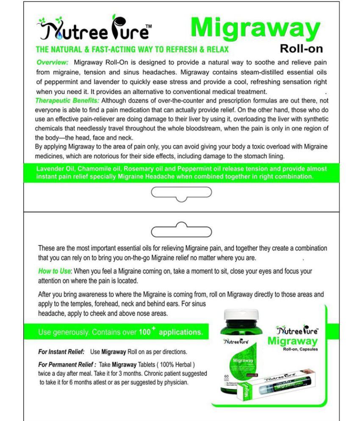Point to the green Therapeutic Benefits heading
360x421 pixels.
point(67,101)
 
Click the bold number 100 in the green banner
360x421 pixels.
point(144,333)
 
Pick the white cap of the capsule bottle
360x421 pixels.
point(240,316)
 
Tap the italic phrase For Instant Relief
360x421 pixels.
point(61,352)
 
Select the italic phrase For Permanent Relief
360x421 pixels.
point(67,364)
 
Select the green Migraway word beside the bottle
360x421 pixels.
point(292,341)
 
